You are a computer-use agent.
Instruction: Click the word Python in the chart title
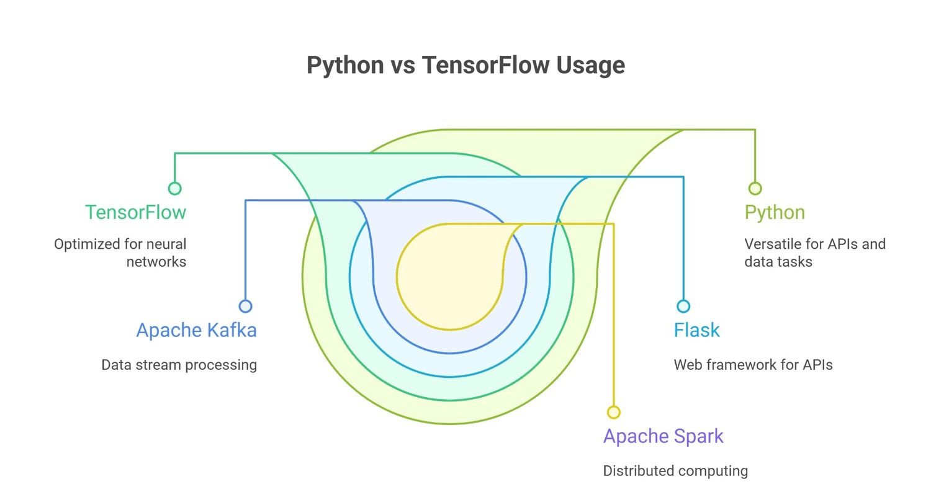(x=345, y=65)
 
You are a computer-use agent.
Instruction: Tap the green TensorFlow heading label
(x=135, y=212)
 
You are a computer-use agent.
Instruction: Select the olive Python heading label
(x=775, y=212)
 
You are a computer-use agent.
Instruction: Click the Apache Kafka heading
(x=196, y=330)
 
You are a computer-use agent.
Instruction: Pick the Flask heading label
(x=696, y=330)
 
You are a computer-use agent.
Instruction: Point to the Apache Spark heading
(x=663, y=436)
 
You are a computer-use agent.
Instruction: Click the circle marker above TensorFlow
(x=175, y=189)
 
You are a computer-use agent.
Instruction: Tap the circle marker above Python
(x=755, y=189)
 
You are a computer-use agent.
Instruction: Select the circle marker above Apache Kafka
(x=246, y=306)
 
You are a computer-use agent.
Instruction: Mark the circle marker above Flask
(x=683, y=306)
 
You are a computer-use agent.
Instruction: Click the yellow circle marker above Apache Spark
(x=614, y=412)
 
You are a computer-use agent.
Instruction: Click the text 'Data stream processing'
(x=179, y=365)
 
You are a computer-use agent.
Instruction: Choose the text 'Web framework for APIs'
(x=753, y=365)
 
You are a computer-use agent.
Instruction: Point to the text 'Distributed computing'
(x=675, y=471)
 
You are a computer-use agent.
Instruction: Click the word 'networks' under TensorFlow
(x=156, y=262)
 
